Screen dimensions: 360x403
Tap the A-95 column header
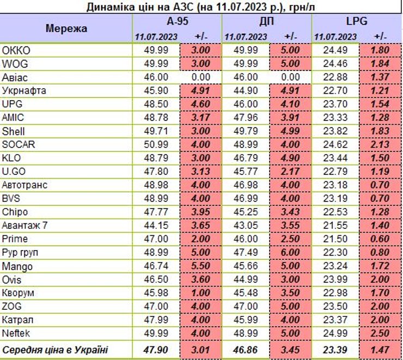[x=178, y=22]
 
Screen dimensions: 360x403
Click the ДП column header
[x=267, y=22]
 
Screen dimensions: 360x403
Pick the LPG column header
[x=357, y=22]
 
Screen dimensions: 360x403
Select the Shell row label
[x=14, y=131]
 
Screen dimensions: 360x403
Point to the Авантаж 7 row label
[x=25, y=225]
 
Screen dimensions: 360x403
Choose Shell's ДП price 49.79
[x=246, y=131]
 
